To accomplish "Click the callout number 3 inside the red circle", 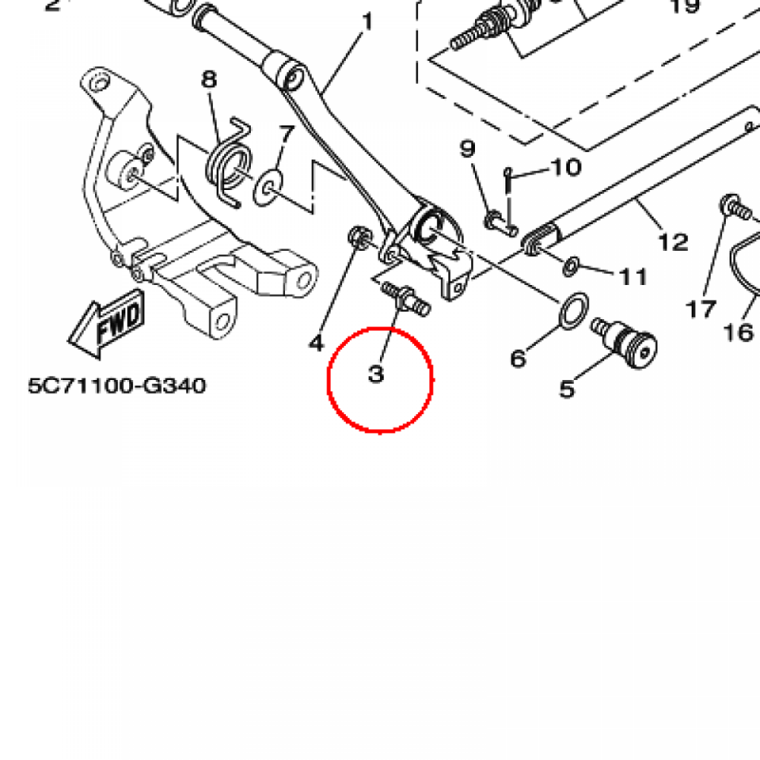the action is click(x=376, y=374).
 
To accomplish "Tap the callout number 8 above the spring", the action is click(x=209, y=79).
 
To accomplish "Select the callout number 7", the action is click(x=286, y=134).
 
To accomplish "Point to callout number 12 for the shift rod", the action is click(x=673, y=242).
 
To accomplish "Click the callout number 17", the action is click(x=701, y=309).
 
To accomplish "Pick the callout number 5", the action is click(x=567, y=389).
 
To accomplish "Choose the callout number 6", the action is click(x=517, y=358).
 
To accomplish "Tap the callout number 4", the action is click(x=316, y=343).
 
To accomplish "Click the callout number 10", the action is click(x=566, y=167).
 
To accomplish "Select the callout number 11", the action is click(x=634, y=277).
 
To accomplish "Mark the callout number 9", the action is click(x=468, y=148).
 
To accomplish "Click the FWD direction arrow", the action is click(x=107, y=324).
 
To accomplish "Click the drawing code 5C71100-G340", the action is click(x=117, y=386).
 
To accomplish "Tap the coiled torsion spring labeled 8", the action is click(x=229, y=164).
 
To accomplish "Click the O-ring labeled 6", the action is click(x=574, y=311).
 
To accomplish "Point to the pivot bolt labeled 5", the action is click(x=624, y=341).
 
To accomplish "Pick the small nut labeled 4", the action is click(x=360, y=237).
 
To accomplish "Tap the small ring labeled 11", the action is click(x=571, y=266).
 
